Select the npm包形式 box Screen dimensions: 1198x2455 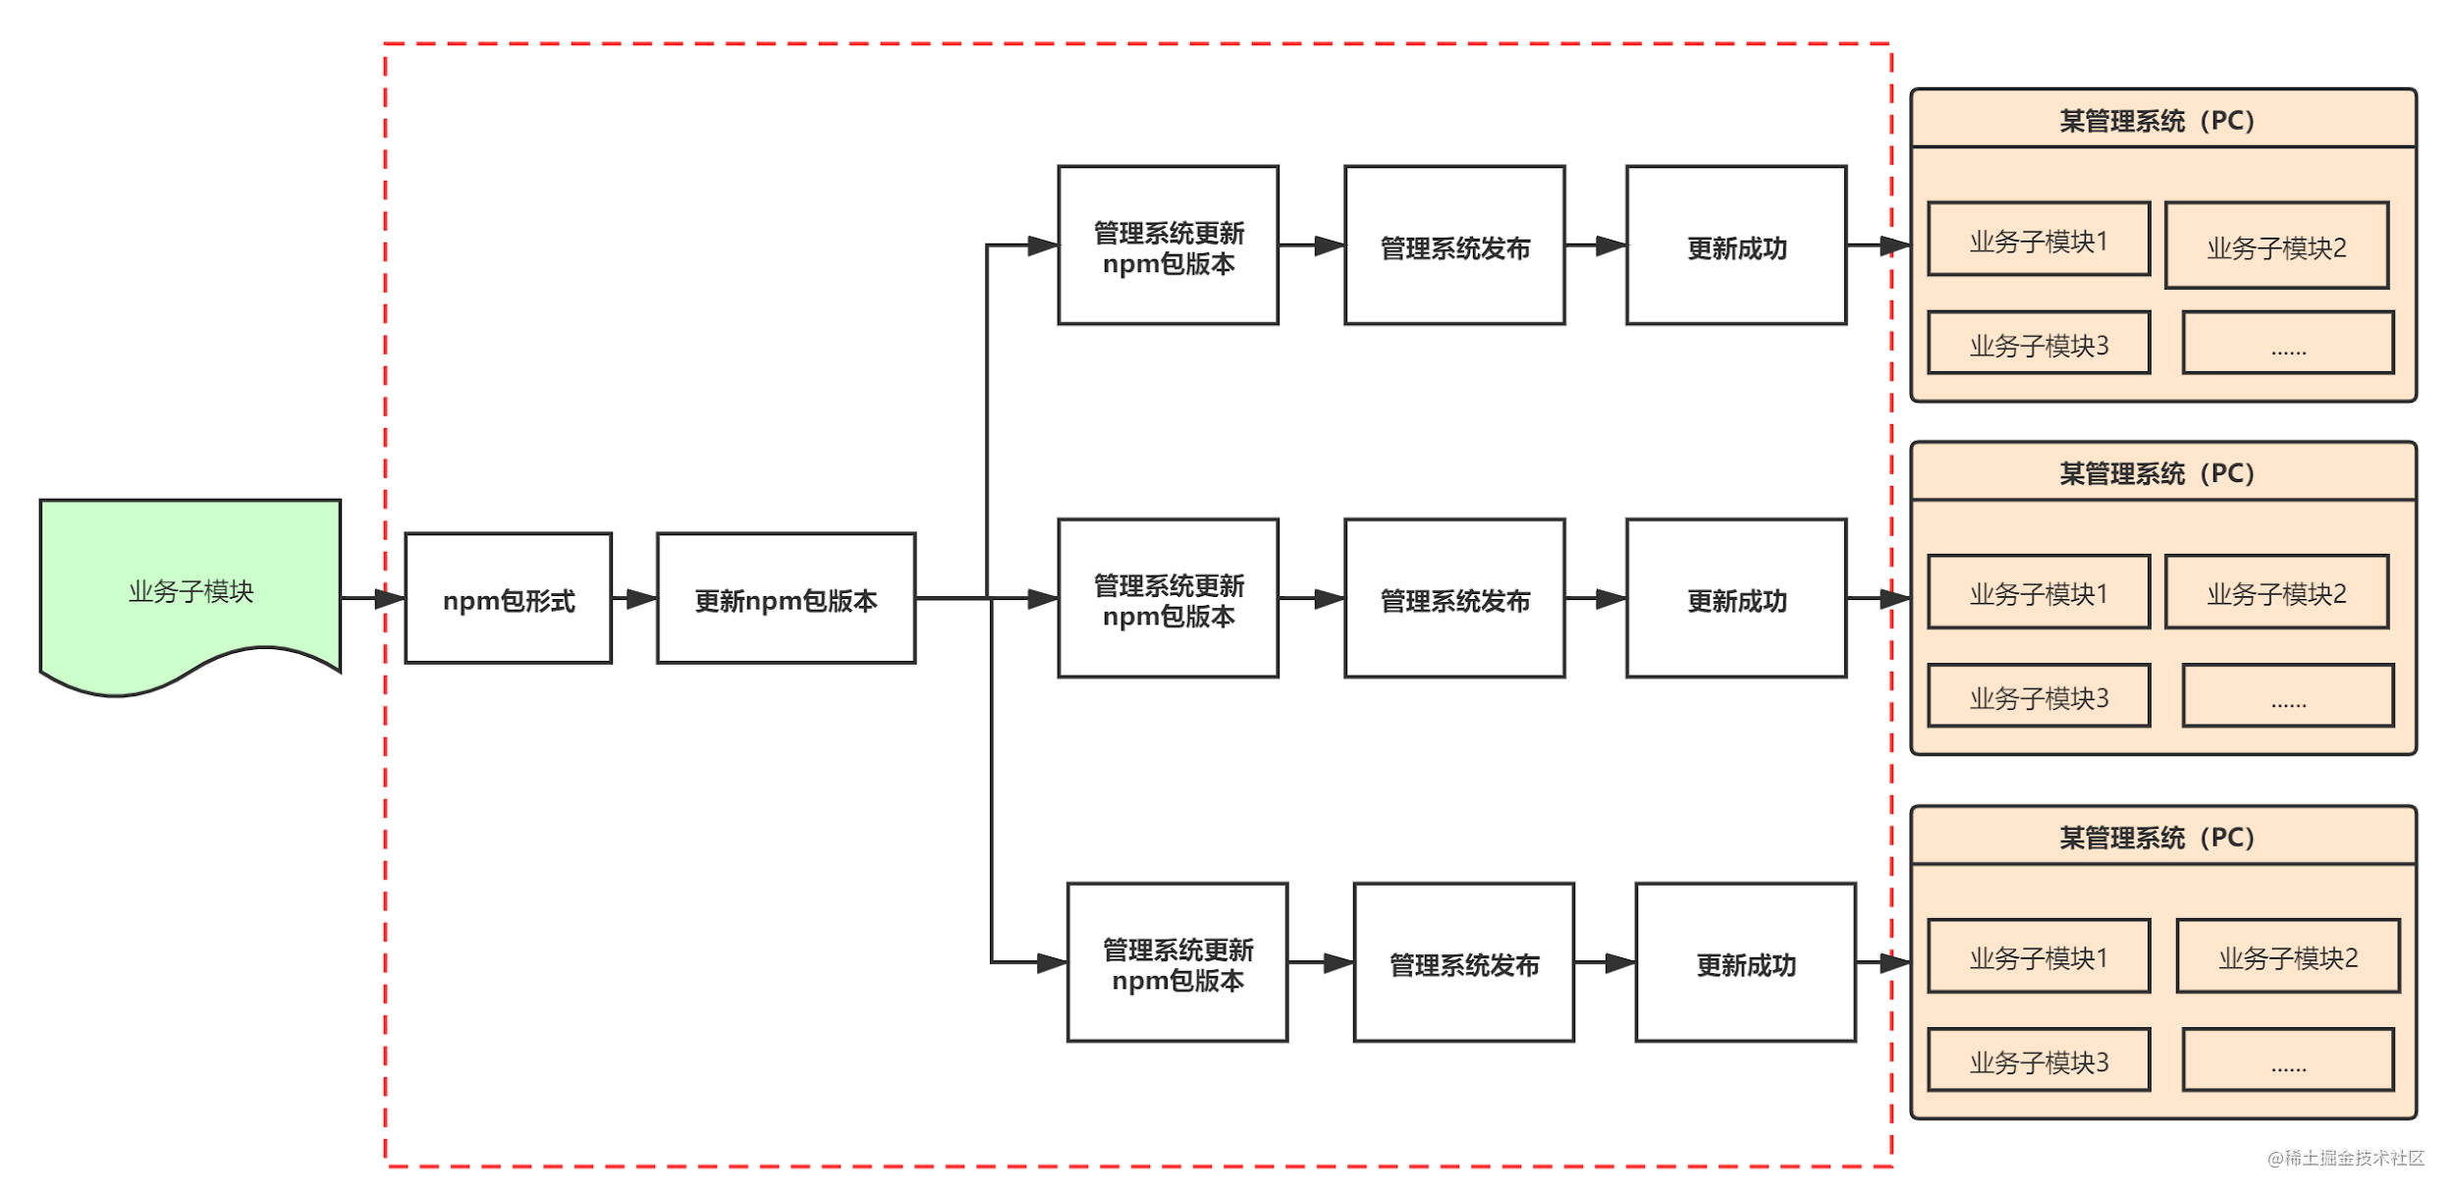[x=509, y=599]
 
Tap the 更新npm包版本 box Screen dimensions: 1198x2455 [x=786, y=599]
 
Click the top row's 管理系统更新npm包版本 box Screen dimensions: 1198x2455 [x=1168, y=245]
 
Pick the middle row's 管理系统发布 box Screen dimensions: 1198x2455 [x=1454, y=599]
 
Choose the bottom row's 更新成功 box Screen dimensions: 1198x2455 [x=1745, y=963]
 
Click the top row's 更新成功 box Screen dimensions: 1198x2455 [x=1736, y=245]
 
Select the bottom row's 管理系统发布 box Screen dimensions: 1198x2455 [x=1463, y=963]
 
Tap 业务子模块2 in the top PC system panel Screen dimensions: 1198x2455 [x=2276, y=246]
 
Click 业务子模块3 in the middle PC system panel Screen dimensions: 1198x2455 [x=2039, y=697]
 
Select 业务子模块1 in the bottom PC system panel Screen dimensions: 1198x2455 [x=2039, y=957]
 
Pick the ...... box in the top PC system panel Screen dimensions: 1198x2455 [x=2288, y=344]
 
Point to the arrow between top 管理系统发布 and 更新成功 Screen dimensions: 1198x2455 [x=1597, y=245]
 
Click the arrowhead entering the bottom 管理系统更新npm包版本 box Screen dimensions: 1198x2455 [x=1052, y=962]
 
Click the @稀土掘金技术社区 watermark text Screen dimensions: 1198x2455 [x=2345, y=1158]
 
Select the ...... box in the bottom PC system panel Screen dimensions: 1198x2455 [x=2288, y=1061]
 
